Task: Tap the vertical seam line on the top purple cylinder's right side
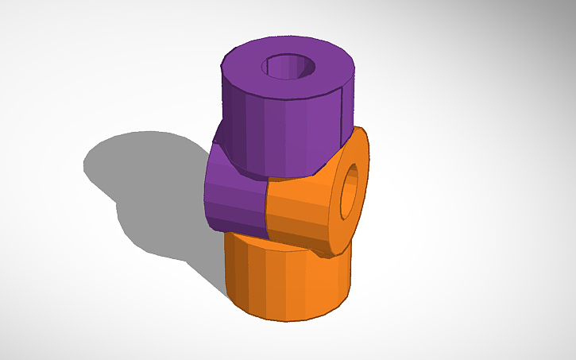[341, 119]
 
